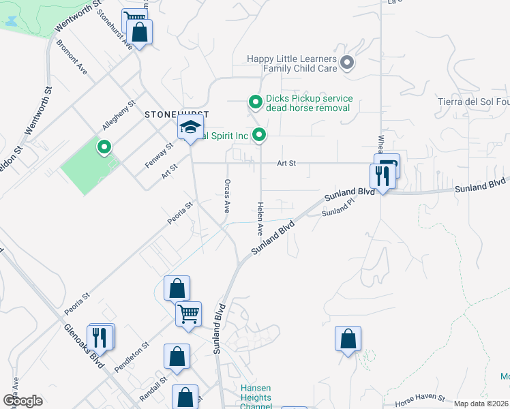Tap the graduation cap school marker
coord(191,127)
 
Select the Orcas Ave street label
coord(226,196)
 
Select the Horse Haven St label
coord(415,398)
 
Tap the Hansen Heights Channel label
coord(256,398)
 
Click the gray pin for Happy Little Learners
coord(347,64)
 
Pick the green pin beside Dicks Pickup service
coord(256,103)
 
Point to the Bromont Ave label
coord(72,60)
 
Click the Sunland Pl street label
coord(338,212)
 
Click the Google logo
coord(22,401)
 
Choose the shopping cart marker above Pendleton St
coord(188,315)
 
